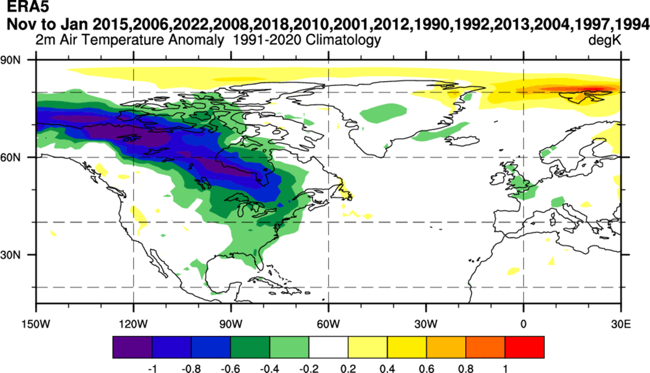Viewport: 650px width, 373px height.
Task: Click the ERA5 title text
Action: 21,8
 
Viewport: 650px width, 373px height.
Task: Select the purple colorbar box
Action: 133,347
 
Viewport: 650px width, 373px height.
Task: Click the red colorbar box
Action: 525,347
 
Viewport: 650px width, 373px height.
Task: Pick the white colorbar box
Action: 329,347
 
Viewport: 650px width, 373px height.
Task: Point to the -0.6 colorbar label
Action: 230,368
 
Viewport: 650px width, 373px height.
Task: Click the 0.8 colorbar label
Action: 466,368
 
